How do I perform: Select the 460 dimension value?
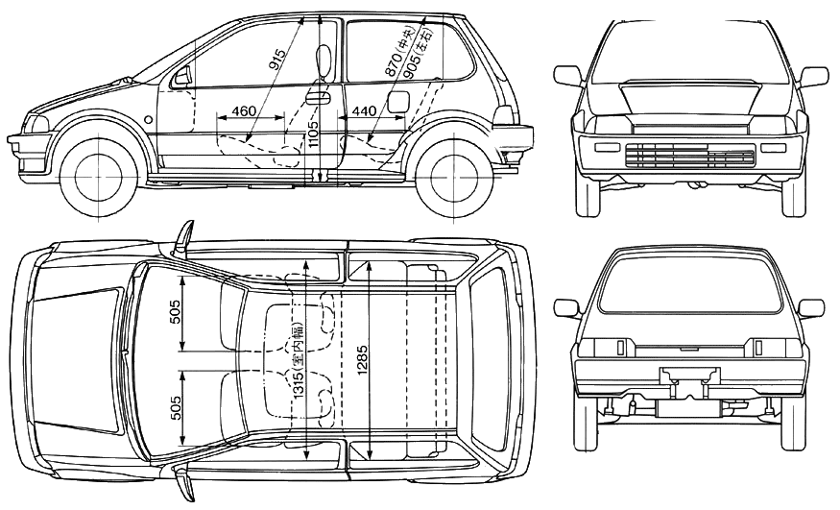pyautogui.click(x=243, y=111)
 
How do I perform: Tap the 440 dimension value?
pyautogui.click(x=364, y=111)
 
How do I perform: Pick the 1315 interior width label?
pyautogui.click(x=298, y=360)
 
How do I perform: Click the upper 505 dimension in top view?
pyautogui.click(x=175, y=312)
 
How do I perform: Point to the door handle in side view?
pyautogui.click(x=318, y=97)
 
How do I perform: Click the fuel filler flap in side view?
pyautogui.click(x=397, y=102)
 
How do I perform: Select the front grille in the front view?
pyautogui.click(x=689, y=155)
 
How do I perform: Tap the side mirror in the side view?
pyautogui.click(x=182, y=76)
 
